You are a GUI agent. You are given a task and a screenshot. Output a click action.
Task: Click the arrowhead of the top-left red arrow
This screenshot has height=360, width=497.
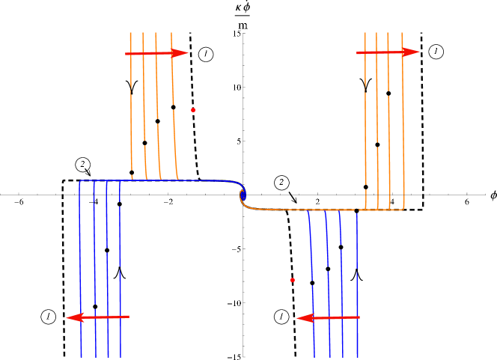click(181, 53)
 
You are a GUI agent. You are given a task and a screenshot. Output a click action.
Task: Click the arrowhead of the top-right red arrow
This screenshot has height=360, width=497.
click(412, 52)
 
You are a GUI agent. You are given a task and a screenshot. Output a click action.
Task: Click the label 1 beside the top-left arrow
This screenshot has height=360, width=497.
click(206, 53)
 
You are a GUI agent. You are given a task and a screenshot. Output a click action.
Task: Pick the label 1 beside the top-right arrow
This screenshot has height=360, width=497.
click(436, 51)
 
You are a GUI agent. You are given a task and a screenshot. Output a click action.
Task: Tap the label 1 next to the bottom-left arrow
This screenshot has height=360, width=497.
click(49, 317)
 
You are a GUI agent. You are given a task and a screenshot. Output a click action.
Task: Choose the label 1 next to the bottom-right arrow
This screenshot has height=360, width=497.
click(281, 317)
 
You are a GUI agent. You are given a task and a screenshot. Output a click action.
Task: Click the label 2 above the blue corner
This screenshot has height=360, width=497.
click(83, 164)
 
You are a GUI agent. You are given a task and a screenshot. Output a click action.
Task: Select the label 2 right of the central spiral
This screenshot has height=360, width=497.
click(282, 182)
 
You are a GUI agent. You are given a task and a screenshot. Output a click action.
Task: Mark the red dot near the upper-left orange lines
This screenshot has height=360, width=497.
click(193, 110)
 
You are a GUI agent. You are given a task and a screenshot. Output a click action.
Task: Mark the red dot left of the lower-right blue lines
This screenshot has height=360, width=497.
click(293, 280)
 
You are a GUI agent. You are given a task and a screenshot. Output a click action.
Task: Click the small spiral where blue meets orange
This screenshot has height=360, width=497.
click(243, 195)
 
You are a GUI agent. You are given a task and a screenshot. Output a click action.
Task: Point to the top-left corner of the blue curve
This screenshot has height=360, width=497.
click(80, 181)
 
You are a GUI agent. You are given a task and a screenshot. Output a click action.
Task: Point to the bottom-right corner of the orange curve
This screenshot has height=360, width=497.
click(403, 209)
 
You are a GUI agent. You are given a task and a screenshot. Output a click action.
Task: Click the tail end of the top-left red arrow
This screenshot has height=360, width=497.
click(126, 54)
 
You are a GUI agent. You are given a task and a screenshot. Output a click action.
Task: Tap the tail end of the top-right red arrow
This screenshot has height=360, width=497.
click(358, 52)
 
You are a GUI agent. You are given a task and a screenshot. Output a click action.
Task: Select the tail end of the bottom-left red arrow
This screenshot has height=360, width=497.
click(129, 317)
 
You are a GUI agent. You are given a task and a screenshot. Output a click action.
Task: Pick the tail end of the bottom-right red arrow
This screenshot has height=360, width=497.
click(359, 317)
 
